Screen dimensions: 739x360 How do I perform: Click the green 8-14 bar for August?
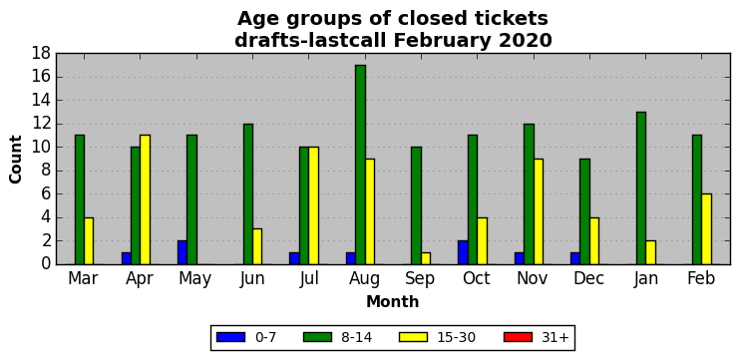pos(361,165)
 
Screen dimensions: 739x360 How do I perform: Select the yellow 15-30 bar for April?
pos(146,199)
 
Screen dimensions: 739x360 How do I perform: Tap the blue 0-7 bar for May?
pos(183,252)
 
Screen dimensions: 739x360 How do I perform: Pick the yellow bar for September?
pos(426,258)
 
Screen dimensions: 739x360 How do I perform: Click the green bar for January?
pos(641,188)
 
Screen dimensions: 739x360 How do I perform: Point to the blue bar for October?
pos(463,252)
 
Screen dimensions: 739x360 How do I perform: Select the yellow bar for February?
pos(706,229)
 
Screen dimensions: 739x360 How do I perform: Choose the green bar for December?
pos(584,211)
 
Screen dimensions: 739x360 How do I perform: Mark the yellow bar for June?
pos(257,246)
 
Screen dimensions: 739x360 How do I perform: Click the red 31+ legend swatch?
pos(518,337)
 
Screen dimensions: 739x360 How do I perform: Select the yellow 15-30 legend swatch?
pos(413,337)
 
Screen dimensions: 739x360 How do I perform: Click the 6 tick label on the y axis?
pos(46,194)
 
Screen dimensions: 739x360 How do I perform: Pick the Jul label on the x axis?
pos(309,278)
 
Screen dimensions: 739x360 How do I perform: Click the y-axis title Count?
pos(16,160)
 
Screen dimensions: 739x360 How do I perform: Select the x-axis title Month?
pos(393,301)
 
